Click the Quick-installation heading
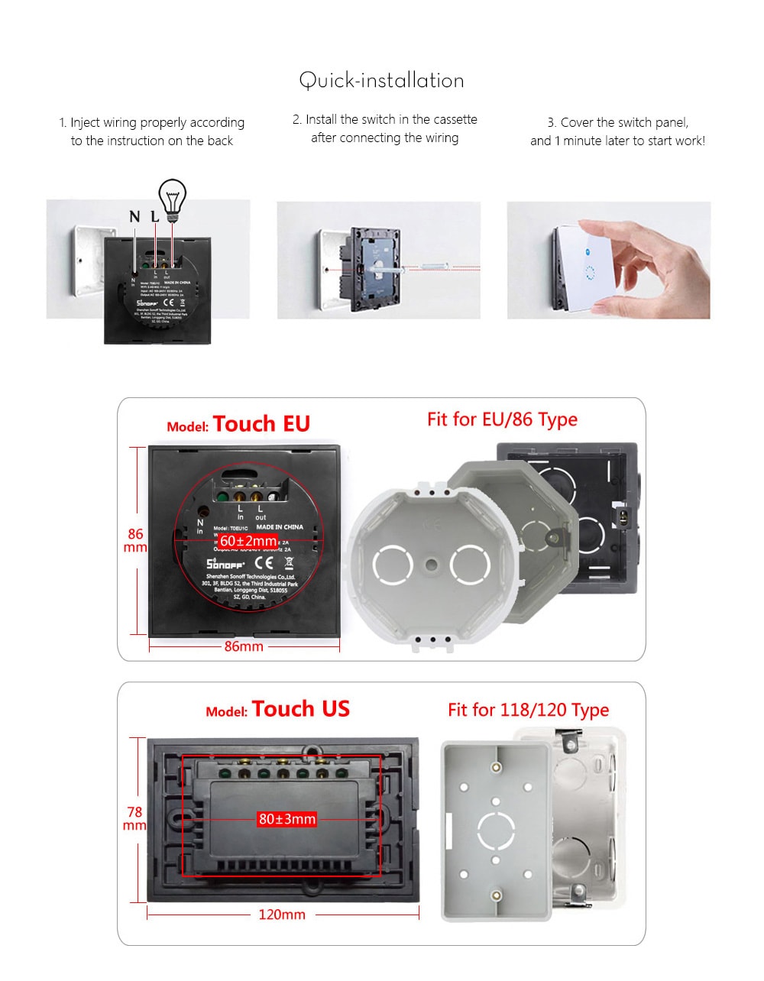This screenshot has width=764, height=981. (x=381, y=80)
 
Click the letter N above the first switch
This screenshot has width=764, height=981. (x=134, y=216)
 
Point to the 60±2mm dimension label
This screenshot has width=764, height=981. (x=248, y=541)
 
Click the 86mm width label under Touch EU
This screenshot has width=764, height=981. (x=244, y=646)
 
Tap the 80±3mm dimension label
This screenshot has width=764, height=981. (x=286, y=819)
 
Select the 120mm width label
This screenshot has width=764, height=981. (x=282, y=915)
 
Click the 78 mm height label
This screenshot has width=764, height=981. (x=134, y=818)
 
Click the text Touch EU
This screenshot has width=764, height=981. (x=261, y=424)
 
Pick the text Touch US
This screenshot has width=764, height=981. (x=300, y=709)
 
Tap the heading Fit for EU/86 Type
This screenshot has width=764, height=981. (x=502, y=419)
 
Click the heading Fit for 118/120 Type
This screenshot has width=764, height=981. (x=528, y=710)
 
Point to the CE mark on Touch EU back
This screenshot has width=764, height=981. (x=264, y=563)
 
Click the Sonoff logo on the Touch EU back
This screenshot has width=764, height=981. (x=225, y=564)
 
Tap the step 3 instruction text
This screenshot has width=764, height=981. (x=617, y=131)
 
